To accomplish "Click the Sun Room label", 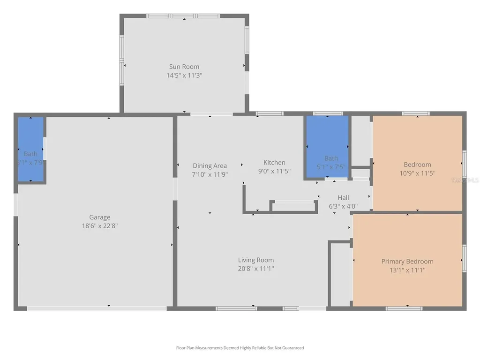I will coord(184,67).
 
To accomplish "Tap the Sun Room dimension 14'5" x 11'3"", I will coord(184,75).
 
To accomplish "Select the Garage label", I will coord(100,217).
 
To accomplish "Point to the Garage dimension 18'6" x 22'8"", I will coord(100,225).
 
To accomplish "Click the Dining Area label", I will coord(210,165).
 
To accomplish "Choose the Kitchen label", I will coord(274,163).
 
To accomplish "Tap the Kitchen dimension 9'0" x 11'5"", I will coord(274,171).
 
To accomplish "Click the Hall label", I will coord(343,197).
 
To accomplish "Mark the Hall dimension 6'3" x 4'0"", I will coord(343,205).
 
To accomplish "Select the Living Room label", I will coord(255,260).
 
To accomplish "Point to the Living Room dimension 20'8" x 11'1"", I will coord(255,269).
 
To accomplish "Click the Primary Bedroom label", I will coord(407,262).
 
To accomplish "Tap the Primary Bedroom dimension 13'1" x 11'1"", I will coord(407,270).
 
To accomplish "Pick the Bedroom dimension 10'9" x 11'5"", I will coord(417,173).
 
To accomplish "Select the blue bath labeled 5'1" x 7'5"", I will coord(327,146).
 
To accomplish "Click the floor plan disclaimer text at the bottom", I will coord(240,348).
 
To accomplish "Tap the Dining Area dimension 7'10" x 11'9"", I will coord(210,174).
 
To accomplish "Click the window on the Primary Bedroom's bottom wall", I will coord(404,308).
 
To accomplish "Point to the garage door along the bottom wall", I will coord(96,308).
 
